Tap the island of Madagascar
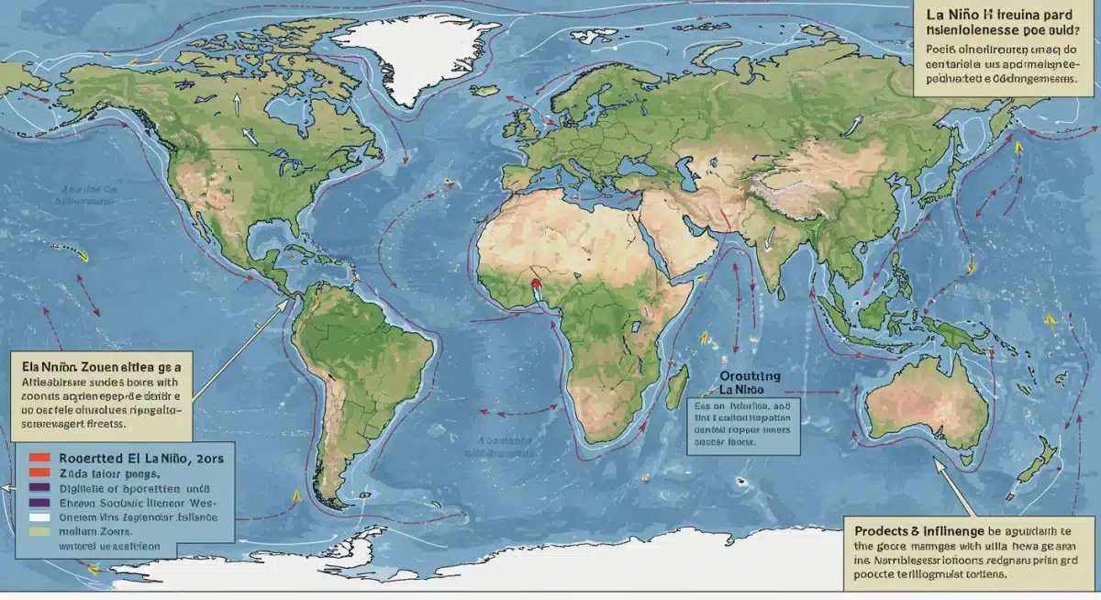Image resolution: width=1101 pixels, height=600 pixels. coord(678,386)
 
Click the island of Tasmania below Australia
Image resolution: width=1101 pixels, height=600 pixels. coord(954,459)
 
